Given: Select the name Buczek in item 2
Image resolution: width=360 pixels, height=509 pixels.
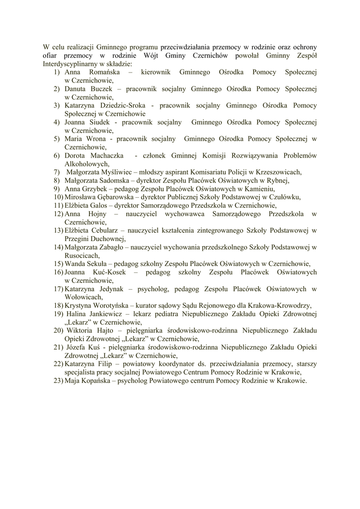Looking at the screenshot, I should tap(101, 89).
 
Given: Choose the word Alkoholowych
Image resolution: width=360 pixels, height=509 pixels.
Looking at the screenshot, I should tap(87, 164).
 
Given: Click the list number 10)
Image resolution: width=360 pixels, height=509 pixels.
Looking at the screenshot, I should tap(58, 197).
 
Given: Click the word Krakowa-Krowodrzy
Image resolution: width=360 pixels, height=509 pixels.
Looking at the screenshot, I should tap(280, 306).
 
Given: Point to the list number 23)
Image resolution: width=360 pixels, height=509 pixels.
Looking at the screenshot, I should tap(58, 381).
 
